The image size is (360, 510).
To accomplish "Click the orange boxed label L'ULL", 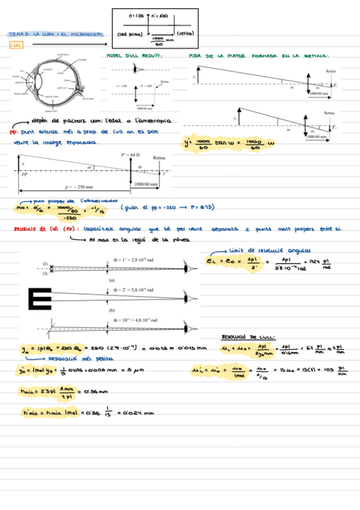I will (x=16, y=45).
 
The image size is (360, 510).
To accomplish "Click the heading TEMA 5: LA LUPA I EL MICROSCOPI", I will (x=55, y=34).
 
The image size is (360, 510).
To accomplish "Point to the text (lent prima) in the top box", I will (x=130, y=34).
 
